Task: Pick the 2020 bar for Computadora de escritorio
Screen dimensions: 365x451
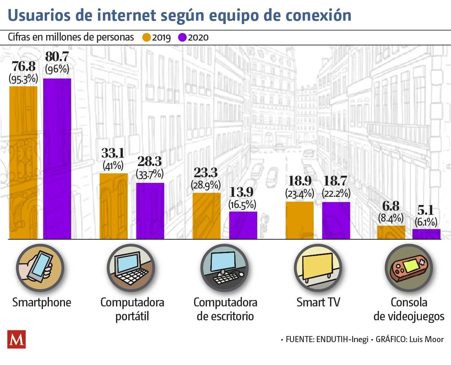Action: point(243,225)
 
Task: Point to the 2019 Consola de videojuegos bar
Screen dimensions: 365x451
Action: point(391,232)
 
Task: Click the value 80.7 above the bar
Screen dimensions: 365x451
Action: point(57,57)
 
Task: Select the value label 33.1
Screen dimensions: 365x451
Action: point(114,153)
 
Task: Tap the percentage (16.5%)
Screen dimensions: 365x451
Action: point(243,204)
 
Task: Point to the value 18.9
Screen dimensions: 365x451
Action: point(299,182)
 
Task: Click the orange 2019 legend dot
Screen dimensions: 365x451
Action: point(146,38)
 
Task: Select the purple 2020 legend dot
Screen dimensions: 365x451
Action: point(183,38)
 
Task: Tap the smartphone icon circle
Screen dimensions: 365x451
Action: point(40,268)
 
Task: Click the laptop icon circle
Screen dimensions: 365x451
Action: point(130,268)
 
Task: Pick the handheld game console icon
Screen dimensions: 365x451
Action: point(409,268)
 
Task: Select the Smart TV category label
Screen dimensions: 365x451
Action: point(318,302)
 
